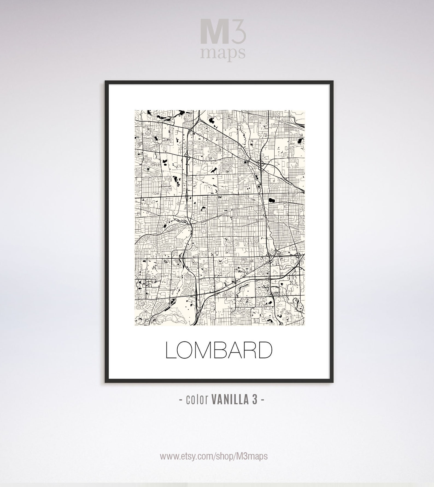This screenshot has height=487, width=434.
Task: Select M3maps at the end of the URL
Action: [254, 456]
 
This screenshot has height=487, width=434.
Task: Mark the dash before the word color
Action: [181, 400]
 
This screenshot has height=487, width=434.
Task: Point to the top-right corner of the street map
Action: [304, 110]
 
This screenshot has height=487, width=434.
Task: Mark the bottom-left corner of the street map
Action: [135, 325]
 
